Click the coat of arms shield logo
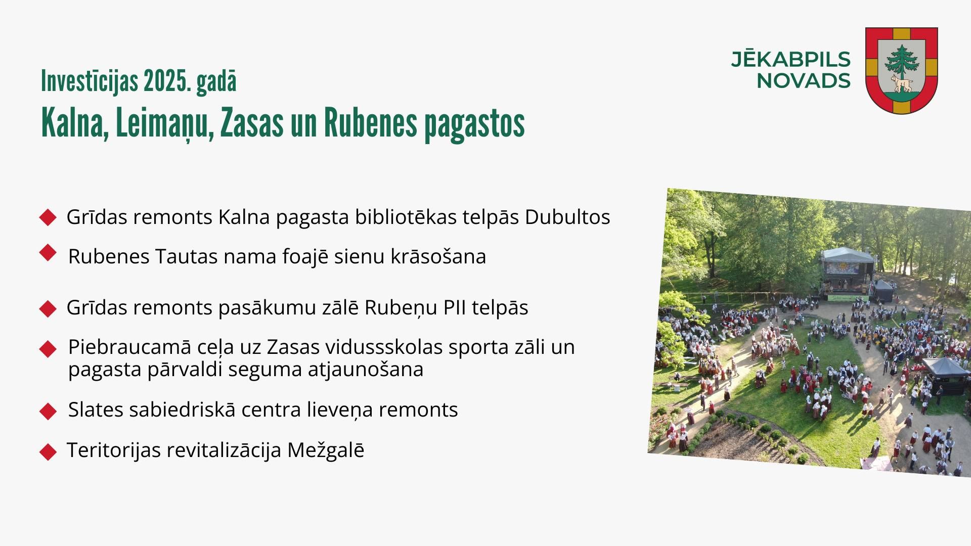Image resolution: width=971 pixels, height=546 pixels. point(902,70)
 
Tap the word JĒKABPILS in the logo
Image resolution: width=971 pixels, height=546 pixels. point(790,59)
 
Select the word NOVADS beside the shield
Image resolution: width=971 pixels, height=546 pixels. point(804,81)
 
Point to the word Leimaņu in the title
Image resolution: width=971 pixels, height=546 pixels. point(162,123)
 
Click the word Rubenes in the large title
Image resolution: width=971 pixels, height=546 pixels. point(370,123)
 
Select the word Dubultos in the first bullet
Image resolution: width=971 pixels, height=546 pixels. point(567,217)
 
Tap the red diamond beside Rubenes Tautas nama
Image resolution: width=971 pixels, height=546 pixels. point(48,253)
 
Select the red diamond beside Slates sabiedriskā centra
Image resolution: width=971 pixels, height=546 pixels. point(48,411)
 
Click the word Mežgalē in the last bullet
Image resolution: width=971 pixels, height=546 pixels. point(326,450)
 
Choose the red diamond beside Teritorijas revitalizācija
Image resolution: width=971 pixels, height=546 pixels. point(48,451)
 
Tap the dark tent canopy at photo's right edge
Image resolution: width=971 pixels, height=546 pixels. point(944,374)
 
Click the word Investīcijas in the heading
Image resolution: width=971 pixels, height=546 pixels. point(90,81)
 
